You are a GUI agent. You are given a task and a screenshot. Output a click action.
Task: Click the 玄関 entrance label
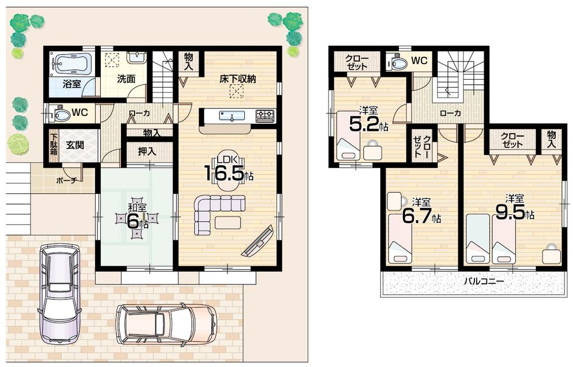[75, 145]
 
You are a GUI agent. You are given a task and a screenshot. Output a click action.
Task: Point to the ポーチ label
[67, 179]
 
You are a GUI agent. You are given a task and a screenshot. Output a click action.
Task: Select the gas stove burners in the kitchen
[265, 115]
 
